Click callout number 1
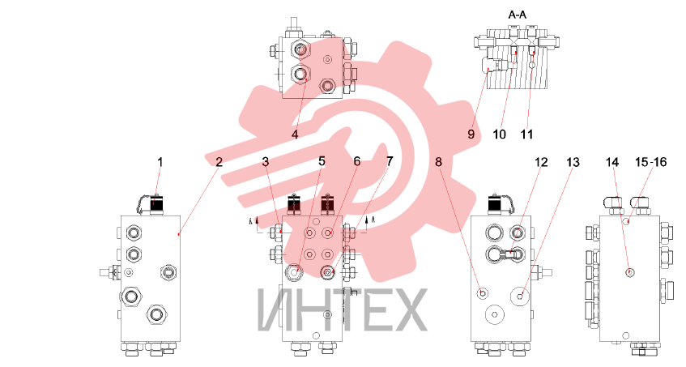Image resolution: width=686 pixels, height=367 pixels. [160, 162]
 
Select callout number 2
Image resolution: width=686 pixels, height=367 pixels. [219, 162]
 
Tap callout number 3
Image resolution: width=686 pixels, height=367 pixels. [266, 162]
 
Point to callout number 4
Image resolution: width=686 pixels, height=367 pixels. [295, 134]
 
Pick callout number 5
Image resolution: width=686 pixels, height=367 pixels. [322, 161]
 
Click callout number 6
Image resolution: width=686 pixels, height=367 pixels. [357, 161]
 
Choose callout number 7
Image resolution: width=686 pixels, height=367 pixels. [390, 161]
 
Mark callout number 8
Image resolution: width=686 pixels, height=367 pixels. [438, 162]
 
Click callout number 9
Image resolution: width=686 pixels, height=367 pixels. [471, 134]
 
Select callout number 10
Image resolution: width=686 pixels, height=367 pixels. [499, 134]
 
